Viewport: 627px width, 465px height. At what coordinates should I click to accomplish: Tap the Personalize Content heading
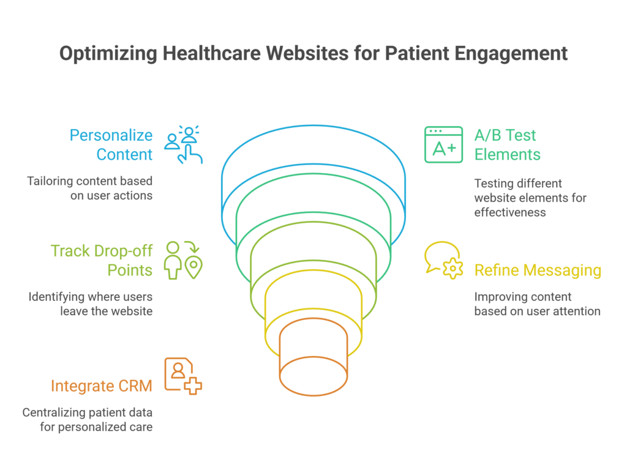pyautogui.click(x=110, y=145)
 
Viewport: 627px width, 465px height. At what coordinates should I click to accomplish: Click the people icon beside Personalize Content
pyautogui.click(x=183, y=145)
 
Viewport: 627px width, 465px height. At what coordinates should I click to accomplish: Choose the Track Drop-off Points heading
pyautogui.click(x=102, y=261)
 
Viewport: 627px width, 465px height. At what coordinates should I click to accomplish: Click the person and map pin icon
pyautogui.click(x=183, y=260)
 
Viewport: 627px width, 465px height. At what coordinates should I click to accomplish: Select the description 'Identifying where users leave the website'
pyautogui.click(x=90, y=304)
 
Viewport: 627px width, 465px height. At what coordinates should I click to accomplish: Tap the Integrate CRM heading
pyautogui.click(x=102, y=386)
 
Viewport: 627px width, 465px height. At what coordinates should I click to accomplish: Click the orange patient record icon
pyautogui.click(x=183, y=376)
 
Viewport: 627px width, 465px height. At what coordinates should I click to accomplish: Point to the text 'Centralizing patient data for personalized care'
pyautogui.click(x=87, y=420)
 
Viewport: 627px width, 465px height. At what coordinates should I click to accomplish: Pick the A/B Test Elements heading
pyautogui.click(x=507, y=144)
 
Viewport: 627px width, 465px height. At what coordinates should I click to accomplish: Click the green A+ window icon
pyautogui.click(x=443, y=145)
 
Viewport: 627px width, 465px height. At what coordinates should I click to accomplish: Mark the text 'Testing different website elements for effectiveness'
pyautogui.click(x=530, y=198)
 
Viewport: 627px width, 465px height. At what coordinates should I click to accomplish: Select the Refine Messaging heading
pyautogui.click(x=538, y=270)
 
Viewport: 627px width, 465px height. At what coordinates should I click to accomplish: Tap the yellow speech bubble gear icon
pyautogui.click(x=444, y=261)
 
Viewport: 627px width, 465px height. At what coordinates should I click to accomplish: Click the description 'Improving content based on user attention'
pyautogui.click(x=537, y=304)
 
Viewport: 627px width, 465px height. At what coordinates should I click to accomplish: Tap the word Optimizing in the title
pyautogui.click(x=108, y=54)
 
